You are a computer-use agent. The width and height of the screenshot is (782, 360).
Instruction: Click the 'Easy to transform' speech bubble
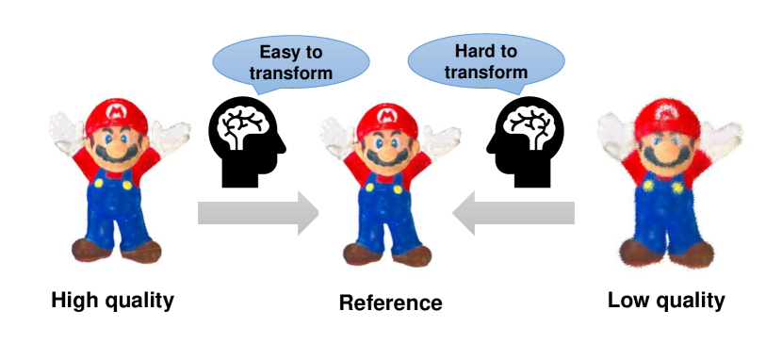click(x=290, y=62)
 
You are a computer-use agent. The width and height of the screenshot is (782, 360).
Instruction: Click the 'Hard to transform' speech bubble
click(x=485, y=61)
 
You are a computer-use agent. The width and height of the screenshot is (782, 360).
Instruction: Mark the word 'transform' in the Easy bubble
click(x=290, y=73)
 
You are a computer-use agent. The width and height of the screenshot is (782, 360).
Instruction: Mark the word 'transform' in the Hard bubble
click(x=485, y=72)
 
